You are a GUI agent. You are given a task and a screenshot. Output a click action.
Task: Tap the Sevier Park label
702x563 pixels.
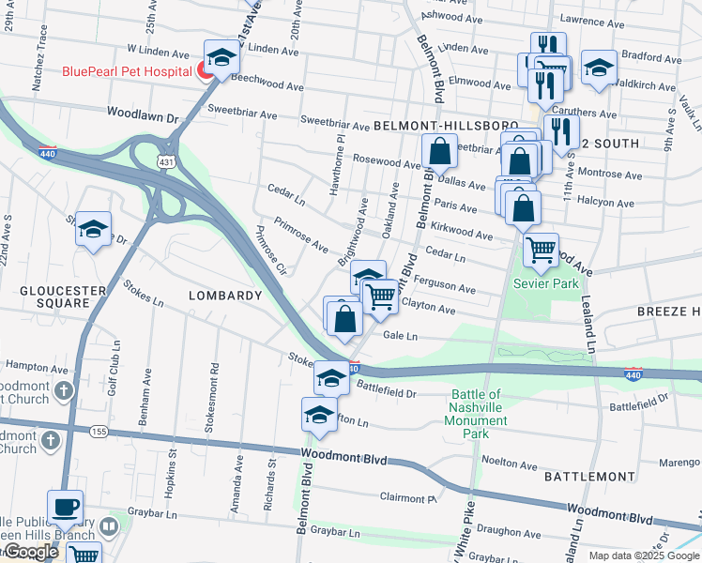[545, 283]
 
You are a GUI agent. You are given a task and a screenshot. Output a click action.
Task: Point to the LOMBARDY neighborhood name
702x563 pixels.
[225, 296]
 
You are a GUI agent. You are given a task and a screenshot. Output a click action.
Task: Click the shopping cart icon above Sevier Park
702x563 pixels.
[541, 250]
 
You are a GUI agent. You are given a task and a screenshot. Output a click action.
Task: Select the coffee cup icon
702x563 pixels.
[66, 507]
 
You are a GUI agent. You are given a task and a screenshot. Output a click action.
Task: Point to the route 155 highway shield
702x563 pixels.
[97, 431]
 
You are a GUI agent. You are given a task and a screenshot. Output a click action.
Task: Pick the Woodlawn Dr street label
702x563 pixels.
[142, 116]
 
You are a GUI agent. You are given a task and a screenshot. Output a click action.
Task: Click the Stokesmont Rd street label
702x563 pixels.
[217, 395]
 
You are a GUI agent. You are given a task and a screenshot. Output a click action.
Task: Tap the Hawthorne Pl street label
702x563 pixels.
[342, 164]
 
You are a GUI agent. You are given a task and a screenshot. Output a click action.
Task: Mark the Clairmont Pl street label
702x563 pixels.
[408, 497]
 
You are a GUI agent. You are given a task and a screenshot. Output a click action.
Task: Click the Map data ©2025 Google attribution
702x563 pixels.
[643, 555]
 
